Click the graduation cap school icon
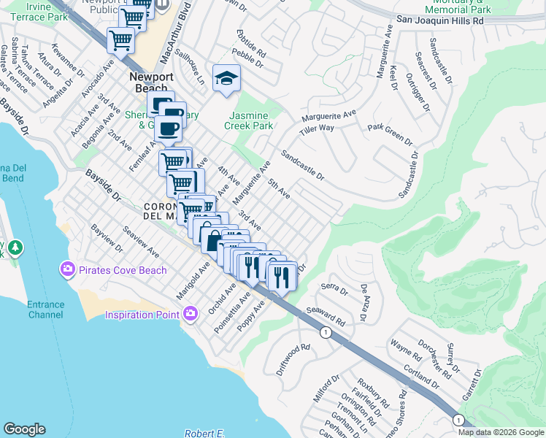tap(226, 77)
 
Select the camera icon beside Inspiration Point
tap(191, 314)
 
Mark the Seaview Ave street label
tap(141, 240)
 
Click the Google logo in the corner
tap(25, 429)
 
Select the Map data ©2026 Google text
tap(501, 432)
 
